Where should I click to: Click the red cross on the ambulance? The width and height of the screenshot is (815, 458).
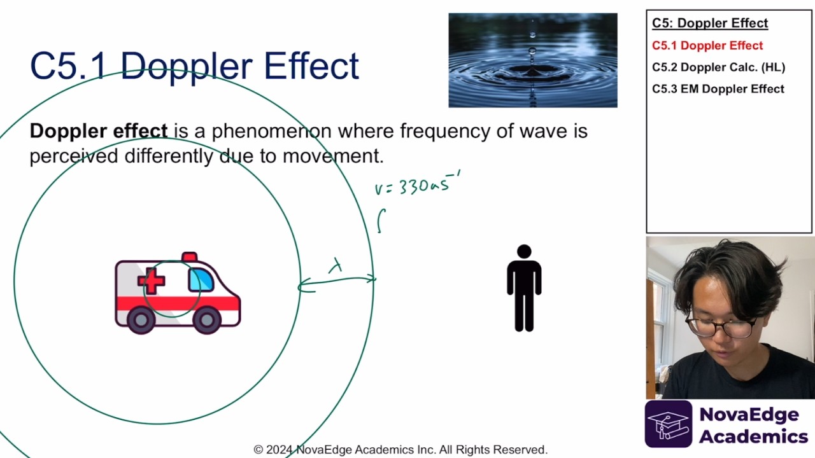(152, 281)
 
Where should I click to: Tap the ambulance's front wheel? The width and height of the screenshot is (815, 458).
(207, 319)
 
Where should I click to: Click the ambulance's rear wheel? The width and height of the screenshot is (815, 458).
(141, 319)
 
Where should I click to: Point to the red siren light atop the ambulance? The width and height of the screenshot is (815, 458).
(189, 256)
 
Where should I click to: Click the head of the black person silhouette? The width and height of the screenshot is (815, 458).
(524, 252)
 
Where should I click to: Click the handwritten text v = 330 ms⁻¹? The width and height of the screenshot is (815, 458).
(417, 185)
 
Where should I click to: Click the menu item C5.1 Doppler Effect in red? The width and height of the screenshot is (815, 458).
(707, 45)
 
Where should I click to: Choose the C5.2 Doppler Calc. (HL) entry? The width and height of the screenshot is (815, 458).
(718, 67)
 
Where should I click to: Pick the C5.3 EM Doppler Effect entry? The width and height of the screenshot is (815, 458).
(718, 88)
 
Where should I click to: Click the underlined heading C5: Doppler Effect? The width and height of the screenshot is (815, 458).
(709, 24)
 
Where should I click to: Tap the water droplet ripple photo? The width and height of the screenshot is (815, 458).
(532, 60)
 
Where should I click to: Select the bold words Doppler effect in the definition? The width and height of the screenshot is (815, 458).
(99, 131)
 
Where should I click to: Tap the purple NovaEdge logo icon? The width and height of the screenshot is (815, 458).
(668, 424)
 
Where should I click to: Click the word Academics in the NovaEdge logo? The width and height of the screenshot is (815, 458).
(753, 436)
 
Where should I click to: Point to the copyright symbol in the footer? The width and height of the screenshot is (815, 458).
(259, 450)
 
